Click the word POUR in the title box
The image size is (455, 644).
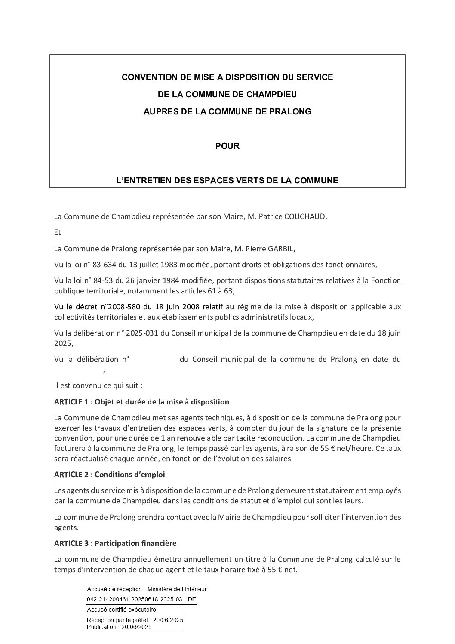pos(227,146)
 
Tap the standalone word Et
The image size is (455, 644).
pos(58,232)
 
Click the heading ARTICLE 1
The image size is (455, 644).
pos(71,402)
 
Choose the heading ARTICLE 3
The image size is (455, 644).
pos(71,543)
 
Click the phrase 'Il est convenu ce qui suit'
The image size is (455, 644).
pos(98,386)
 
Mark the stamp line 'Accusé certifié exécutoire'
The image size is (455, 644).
pos(121,610)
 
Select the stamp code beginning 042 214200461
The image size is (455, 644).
pos(141,599)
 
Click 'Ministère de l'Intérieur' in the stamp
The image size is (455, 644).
pos(177,589)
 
